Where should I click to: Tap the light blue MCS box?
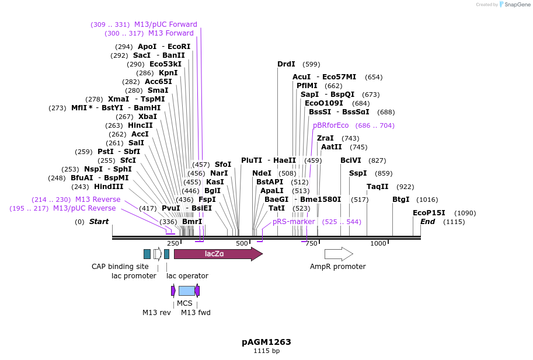[186, 291]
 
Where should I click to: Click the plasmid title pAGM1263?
[266, 342]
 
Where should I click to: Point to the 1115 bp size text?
[266, 351]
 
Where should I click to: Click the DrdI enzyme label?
[286, 64]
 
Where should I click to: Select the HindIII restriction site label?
[109, 187]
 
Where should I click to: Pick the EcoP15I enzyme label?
[429, 213]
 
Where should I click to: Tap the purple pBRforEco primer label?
[330, 125]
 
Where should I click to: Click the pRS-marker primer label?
[294, 222]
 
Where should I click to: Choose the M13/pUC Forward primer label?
[166, 25]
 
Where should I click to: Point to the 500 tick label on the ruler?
[242, 243]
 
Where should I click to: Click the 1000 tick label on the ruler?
[378, 243]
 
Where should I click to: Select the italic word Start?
[99, 222]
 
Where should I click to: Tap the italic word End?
[428, 222]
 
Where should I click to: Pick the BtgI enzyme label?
[400, 200]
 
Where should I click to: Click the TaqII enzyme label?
[377, 187]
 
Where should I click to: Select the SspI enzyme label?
[358, 173]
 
